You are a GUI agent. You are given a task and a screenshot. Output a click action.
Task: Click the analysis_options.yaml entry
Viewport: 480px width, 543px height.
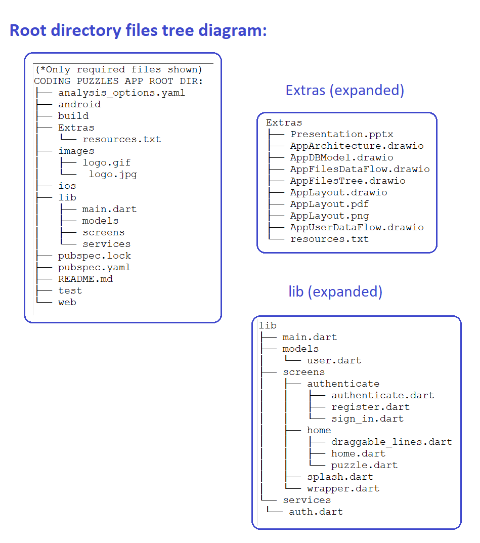pyautogui.click(x=121, y=93)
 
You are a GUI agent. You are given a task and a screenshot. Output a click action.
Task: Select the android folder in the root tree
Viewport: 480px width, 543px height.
pyautogui.click(x=79, y=104)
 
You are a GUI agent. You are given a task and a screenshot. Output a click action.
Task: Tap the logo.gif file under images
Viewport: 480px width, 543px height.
pyautogui.click(x=107, y=163)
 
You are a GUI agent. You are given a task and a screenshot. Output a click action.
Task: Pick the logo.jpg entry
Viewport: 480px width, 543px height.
pyautogui.click(x=113, y=174)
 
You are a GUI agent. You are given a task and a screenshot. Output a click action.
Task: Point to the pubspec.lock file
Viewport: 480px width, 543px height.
pyautogui.click(x=95, y=256)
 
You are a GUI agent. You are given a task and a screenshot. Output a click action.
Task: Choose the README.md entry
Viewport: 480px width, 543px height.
pyautogui.click(x=85, y=279)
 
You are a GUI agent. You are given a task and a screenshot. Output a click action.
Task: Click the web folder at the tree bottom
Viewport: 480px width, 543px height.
pyautogui.click(x=67, y=302)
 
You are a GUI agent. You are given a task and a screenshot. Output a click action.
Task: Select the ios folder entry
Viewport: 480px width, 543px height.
pyautogui.click(x=67, y=186)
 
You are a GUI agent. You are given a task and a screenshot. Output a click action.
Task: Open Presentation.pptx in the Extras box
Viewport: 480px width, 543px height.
pyautogui.click(x=342, y=135)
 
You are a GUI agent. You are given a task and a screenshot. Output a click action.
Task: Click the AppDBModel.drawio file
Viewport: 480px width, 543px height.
pyautogui.click(x=342, y=157)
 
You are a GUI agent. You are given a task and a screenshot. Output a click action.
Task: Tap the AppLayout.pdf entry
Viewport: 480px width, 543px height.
pyautogui.click(x=329, y=204)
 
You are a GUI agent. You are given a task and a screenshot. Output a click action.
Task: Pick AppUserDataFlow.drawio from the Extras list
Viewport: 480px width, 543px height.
pyautogui.click(x=357, y=228)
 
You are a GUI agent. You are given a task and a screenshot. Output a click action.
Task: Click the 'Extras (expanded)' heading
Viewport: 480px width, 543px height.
pyautogui.click(x=344, y=91)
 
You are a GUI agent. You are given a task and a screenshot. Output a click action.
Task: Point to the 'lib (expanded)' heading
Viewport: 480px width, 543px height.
pyautogui.click(x=335, y=291)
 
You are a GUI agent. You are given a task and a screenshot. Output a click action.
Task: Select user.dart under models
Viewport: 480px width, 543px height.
pyautogui.click(x=334, y=360)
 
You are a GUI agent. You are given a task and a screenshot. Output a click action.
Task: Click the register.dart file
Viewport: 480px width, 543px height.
pyautogui.click(x=371, y=407)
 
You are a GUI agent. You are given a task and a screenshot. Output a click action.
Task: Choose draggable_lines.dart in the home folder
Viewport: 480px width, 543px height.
pyautogui.click(x=392, y=442)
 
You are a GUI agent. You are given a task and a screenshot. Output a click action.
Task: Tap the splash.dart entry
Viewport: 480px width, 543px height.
pyautogui.click(x=340, y=477)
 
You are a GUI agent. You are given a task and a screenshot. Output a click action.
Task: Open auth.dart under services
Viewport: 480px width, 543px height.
pyautogui.click(x=316, y=512)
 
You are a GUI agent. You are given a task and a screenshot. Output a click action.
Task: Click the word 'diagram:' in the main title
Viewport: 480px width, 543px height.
pyautogui.click(x=233, y=30)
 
